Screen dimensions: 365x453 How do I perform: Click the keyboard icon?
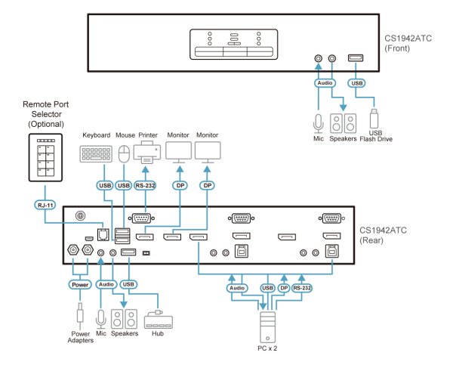(x=96, y=154)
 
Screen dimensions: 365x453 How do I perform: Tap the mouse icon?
(x=125, y=154)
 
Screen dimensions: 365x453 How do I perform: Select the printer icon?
(x=147, y=152)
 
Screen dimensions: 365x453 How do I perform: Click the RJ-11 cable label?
(x=44, y=204)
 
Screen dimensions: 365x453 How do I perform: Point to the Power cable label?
(x=79, y=285)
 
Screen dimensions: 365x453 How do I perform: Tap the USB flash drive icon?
(x=373, y=119)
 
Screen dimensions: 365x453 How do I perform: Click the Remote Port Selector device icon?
(x=45, y=157)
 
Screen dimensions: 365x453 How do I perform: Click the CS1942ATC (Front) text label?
(x=408, y=42)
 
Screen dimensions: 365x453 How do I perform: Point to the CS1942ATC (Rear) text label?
(x=384, y=234)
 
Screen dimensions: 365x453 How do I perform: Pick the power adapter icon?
(x=79, y=315)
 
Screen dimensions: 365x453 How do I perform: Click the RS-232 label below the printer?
(x=146, y=184)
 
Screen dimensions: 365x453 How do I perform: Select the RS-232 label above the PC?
(x=302, y=288)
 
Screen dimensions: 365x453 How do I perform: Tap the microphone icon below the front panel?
(x=319, y=122)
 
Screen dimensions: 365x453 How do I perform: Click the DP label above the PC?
(x=284, y=288)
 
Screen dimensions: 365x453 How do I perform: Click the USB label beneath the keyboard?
(x=104, y=184)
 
